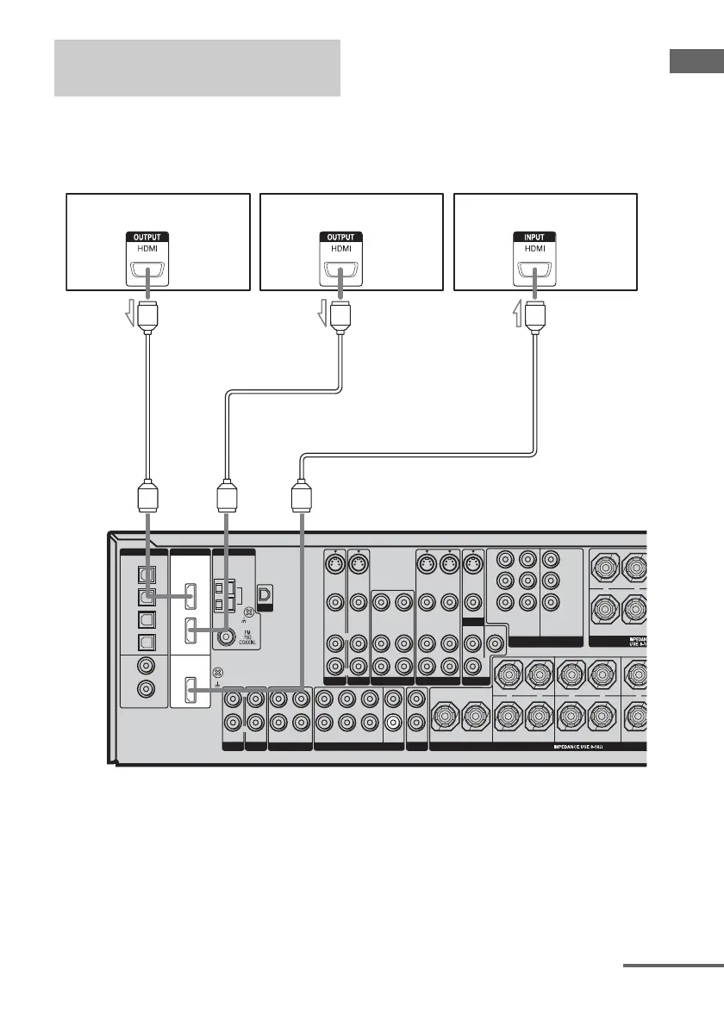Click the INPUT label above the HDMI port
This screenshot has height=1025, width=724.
534,236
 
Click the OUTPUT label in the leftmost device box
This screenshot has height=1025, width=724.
147,236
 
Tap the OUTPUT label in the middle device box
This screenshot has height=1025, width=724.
341,236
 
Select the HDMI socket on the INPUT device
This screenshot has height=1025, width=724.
534,274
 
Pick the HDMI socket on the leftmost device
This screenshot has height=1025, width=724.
147,274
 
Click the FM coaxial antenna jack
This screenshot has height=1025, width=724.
228,636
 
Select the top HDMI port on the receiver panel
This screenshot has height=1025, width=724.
191,594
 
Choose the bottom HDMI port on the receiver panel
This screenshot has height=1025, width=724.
191,689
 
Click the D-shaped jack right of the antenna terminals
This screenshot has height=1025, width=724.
265,593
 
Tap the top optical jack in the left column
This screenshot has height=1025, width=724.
147,572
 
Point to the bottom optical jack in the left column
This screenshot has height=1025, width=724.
147,639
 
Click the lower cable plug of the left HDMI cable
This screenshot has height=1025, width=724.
147,500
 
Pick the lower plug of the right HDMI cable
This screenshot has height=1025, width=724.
302,500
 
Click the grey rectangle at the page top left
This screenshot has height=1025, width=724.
197,67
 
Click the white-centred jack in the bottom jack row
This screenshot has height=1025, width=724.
393,723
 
